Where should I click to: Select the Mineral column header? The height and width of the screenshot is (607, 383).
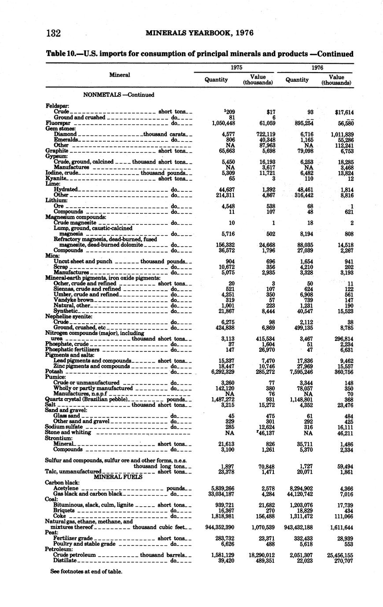click(119, 75)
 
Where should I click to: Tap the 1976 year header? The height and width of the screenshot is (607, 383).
click(317, 68)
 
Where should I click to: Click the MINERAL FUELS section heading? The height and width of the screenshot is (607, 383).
click(118, 476)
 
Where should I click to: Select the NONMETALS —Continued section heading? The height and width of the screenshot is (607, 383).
click(119, 95)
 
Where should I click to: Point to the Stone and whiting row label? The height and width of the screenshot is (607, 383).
click(68, 432)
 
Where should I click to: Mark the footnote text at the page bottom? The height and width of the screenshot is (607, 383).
click(86, 571)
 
